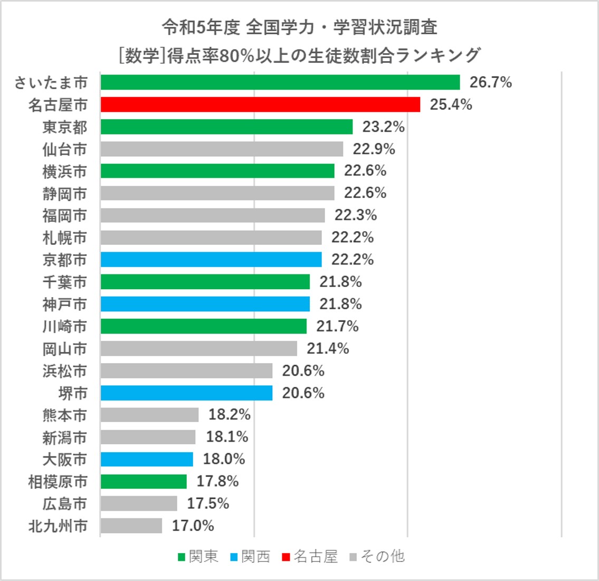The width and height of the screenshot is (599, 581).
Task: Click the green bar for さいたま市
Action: (x=280, y=82)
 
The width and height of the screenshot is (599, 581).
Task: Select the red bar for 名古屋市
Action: (x=260, y=104)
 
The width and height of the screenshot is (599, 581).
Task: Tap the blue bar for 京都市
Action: (x=211, y=260)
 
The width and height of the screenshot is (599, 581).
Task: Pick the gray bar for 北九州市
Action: (x=131, y=526)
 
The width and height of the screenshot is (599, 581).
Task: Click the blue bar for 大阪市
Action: (x=147, y=459)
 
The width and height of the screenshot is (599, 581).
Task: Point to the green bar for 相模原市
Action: (x=144, y=481)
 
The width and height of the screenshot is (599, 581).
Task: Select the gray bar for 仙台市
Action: (x=222, y=149)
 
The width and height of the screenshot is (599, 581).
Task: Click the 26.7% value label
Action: (x=491, y=82)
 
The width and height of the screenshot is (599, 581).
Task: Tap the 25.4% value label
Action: (x=451, y=104)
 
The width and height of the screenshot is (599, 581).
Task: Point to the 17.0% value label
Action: (x=193, y=526)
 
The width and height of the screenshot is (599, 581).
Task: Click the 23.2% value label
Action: (x=383, y=127)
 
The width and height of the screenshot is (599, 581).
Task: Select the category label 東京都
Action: (x=65, y=127)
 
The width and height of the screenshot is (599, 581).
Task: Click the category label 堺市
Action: (x=73, y=393)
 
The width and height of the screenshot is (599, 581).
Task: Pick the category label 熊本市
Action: (x=65, y=415)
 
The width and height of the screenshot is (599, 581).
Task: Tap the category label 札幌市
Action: (x=65, y=238)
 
